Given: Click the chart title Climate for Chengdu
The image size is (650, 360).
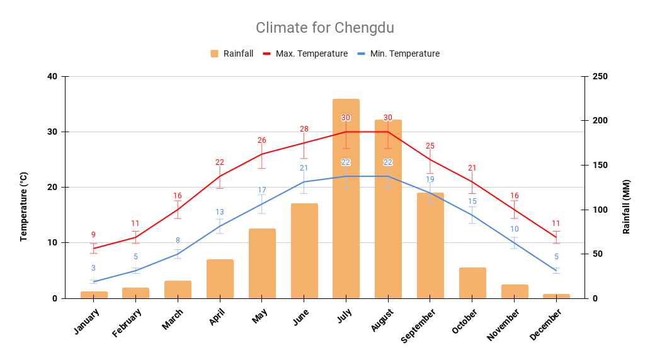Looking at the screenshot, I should (x=324, y=28).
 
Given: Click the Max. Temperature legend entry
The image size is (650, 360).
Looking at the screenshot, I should (x=305, y=53).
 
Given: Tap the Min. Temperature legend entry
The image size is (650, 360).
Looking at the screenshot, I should (x=398, y=53).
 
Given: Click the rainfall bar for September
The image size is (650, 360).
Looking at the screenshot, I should (x=430, y=245).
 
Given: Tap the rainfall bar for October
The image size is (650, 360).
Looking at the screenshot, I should (x=472, y=283).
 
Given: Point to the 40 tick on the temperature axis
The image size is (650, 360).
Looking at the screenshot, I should (x=52, y=77).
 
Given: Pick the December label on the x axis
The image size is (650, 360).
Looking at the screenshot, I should (x=545, y=325).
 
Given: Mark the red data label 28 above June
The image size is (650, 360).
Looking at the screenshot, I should (x=304, y=129).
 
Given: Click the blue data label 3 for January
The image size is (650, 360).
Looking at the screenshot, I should (x=93, y=268).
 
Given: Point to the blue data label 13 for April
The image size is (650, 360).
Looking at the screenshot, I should (x=220, y=212).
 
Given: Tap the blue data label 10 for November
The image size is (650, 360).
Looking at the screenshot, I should (x=515, y=229).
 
